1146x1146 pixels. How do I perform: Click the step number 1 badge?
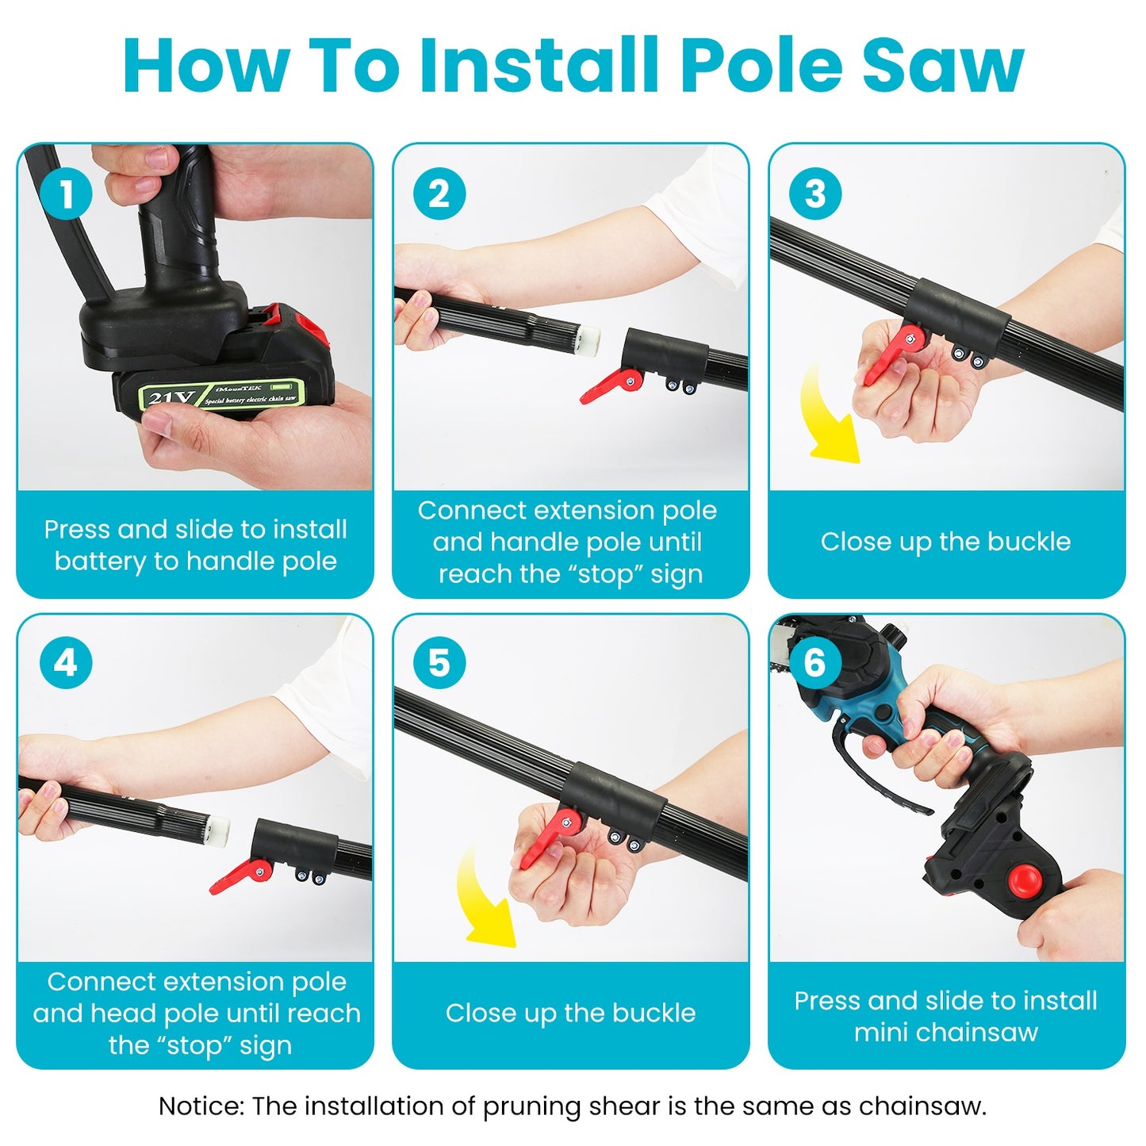coord(66,194)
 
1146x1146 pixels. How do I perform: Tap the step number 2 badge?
coord(439,194)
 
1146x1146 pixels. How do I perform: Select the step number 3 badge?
coord(815,194)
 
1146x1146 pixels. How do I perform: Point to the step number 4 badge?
coord(66,663)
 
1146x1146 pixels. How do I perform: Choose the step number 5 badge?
coord(439,663)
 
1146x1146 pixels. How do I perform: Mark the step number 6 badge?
coord(815,663)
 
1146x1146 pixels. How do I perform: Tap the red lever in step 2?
coord(609,386)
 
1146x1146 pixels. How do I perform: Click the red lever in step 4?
coord(239,876)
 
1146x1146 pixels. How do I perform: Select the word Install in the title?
coord(539,65)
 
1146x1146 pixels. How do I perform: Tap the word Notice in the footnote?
coord(201,1106)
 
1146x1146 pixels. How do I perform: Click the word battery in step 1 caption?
coord(101,562)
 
